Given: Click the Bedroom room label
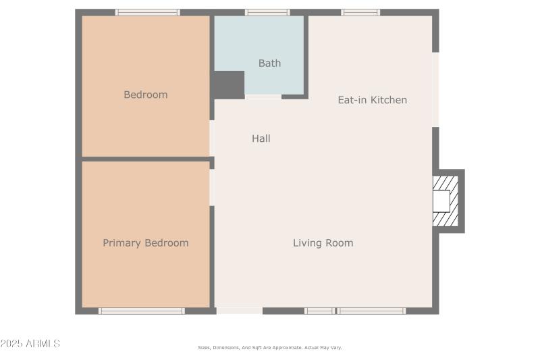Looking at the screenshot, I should point(145,95).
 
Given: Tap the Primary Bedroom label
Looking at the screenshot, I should point(145,243).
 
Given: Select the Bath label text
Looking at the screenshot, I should point(269,63).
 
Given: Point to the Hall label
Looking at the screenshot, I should point(261,138).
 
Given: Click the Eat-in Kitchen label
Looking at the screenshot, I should point(372,100).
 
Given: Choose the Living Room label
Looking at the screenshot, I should point(323,243).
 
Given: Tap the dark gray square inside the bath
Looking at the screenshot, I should point(229,85).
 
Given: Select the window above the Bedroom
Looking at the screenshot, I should point(147,12).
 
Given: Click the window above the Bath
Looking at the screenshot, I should point(267,12).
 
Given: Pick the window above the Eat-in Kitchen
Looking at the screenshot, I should point(360,12).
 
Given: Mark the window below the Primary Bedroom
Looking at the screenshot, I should point(142,311).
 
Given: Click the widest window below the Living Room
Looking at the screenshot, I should point(371,311).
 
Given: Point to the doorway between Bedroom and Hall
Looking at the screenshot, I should point(212,138).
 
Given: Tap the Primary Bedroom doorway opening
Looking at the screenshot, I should point(212,187).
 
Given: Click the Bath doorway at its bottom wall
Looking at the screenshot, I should point(263,97).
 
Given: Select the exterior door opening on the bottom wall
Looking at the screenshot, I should point(240,311).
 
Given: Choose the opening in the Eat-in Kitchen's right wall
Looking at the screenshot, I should point(435,89).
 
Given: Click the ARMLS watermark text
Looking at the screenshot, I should point(30,344).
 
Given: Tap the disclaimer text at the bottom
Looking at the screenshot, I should point(270,348).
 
